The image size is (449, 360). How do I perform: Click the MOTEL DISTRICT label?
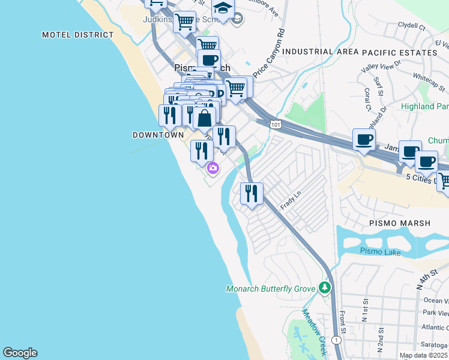tap(77, 35)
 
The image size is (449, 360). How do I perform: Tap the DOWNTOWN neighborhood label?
tap(158, 136)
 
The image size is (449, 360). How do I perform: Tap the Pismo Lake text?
tap(380, 251)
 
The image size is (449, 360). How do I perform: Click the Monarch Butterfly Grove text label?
tap(270, 289)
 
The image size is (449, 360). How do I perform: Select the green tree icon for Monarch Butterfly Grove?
tap(325, 288)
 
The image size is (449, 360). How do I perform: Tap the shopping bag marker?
tap(204, 118)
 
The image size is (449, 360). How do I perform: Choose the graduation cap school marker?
tap(223, 9)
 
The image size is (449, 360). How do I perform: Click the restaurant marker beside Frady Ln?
tap(252, 193)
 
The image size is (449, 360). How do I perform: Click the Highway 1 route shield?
tap(337, 340)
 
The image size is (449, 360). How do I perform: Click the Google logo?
tap(20, 353)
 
